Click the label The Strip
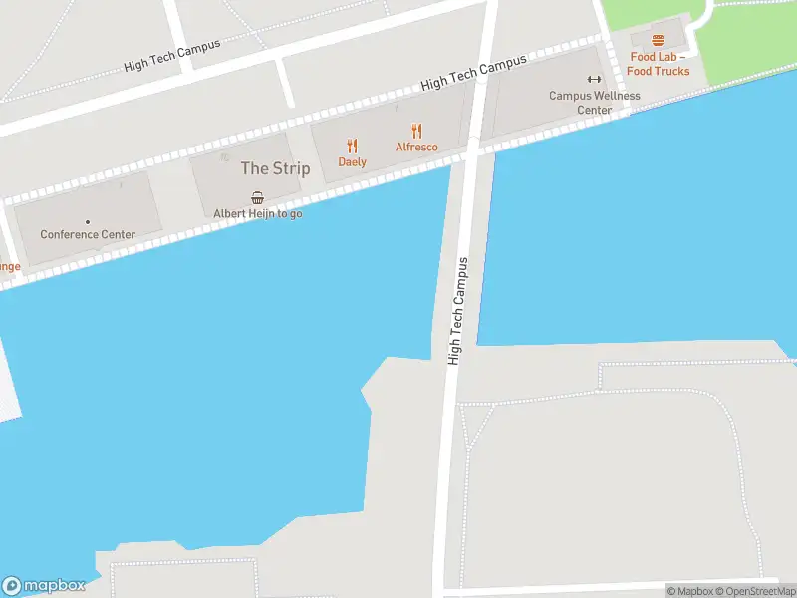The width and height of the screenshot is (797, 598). [275, 168]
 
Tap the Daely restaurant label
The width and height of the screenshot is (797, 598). [352, 162]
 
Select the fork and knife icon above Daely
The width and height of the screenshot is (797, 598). [352, 146]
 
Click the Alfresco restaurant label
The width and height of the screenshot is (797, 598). [416, 148]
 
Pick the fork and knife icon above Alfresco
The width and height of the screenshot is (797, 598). [416, 131]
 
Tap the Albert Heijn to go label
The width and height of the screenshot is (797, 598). [258, 213]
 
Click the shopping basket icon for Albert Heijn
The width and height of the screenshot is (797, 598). [258, 197]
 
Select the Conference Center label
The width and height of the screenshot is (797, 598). [88, 235]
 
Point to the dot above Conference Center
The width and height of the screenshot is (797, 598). [88, 221]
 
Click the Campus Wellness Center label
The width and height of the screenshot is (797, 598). [595, 103]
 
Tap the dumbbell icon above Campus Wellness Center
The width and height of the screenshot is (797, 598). [595, 80]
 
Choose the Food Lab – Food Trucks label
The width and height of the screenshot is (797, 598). [659, 64]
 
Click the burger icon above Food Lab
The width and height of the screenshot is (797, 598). [658, 40]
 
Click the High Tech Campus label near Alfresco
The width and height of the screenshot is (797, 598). [473, 74]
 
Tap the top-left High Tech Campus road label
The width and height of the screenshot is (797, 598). [172, 54]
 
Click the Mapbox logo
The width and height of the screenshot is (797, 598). [44, 585]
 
